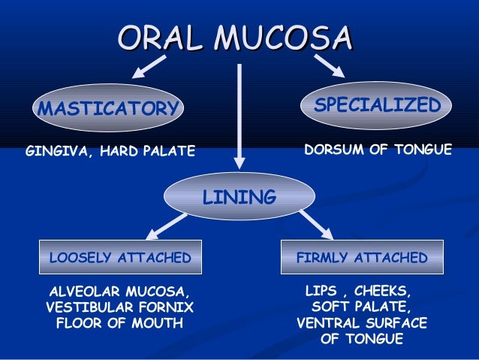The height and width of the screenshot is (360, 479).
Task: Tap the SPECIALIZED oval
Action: (376, 106)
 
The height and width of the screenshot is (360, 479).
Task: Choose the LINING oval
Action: (239, 198)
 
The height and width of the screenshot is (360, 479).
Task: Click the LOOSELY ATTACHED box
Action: (120, 258)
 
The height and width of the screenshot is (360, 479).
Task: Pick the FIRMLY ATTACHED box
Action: (362, 258)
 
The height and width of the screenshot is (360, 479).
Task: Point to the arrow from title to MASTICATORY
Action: (150, 67)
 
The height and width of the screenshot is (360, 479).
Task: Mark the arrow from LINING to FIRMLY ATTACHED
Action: (316, 224)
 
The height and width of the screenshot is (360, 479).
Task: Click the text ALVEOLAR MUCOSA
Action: (119, 291)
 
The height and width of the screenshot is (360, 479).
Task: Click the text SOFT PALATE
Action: (361, 307)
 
